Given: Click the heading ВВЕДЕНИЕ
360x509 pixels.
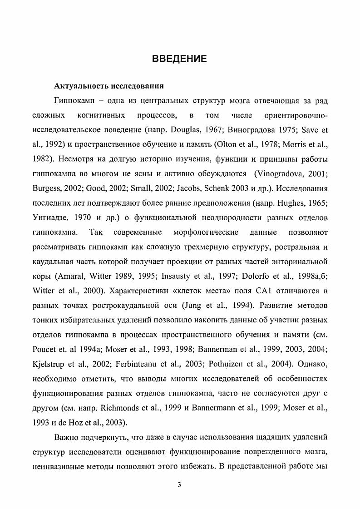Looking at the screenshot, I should [x=180, y=59].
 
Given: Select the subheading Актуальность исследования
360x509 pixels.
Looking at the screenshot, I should [x=109, y=86].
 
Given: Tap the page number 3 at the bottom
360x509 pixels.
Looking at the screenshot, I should [x=179, y=484].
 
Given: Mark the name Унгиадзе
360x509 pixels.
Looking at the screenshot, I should [x=50, y=218].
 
